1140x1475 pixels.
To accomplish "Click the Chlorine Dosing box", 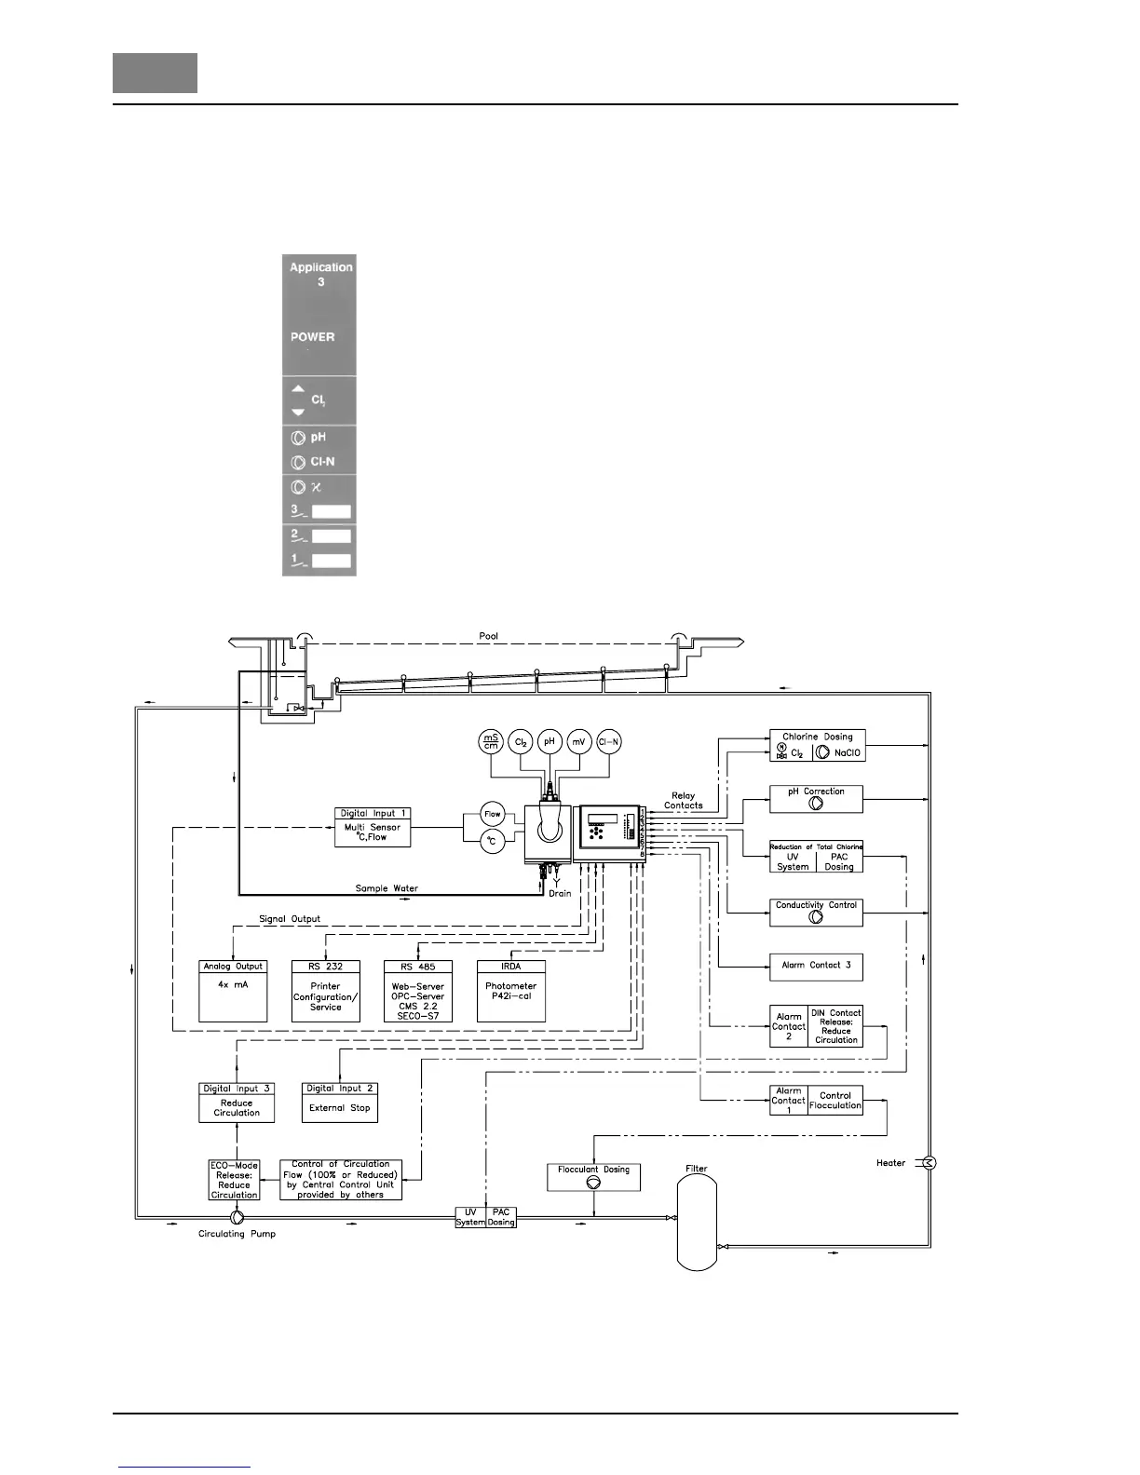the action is [817, 745].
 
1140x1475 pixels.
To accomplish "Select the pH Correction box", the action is [816, 799].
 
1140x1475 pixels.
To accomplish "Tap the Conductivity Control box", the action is [816, 912].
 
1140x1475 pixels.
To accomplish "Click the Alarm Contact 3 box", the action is [816, 967].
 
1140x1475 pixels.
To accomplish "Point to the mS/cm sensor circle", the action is [490, 741].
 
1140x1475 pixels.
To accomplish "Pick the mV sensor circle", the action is [579, 741].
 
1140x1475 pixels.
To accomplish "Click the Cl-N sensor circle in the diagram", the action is [609, 741].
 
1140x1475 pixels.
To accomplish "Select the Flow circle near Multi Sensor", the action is [492, 814].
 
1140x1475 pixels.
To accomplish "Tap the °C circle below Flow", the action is [492, 842].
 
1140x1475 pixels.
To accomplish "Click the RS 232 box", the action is [326, 991].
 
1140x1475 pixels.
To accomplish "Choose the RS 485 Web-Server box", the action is [418, 991].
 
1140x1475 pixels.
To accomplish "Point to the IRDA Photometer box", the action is [510, 991].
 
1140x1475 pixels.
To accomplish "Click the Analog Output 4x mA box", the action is [233, 991].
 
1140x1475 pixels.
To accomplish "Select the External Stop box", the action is [340, 1102].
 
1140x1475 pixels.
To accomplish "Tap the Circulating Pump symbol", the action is [237, 1217].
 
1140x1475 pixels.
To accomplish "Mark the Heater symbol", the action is [929, 1162].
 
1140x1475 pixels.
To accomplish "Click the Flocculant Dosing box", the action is [593, 1176].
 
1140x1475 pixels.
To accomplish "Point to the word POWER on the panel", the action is [312, 337].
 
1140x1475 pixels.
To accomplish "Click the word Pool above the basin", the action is [489, 636].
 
